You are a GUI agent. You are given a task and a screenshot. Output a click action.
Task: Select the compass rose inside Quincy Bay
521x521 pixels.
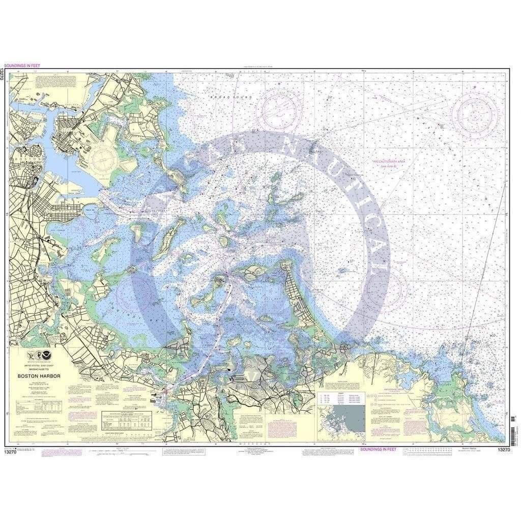point(133,294)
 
